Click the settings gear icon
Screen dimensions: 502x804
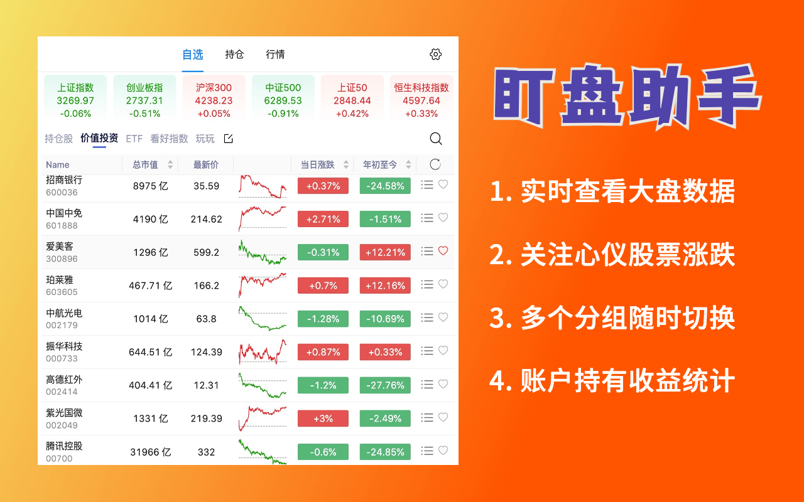pos(435,55)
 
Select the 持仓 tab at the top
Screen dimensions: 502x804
pos(234,55)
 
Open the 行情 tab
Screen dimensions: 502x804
pos(275,55)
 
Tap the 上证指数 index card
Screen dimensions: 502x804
pos(75,97)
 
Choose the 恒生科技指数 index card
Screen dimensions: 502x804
pos(421,97)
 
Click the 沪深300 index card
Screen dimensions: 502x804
pos(214,97)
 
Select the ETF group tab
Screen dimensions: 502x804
pos(134,139)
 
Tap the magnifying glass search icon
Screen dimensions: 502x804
pos(435,139)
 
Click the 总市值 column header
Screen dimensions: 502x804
pos(145,165)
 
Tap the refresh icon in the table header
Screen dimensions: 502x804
pos(435,165)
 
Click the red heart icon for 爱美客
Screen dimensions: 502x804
pos(443,251)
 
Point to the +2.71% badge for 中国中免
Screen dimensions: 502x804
pos(323,219)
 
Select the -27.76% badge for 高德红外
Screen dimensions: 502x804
pos(385,385)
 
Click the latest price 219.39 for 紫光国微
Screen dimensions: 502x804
pos(206,419)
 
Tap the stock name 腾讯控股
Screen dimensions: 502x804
pos(64,446)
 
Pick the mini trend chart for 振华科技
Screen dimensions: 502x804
pos(262,352)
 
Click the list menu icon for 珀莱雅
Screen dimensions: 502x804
pos(427,285)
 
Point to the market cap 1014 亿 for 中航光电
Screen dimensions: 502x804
pos(150,319)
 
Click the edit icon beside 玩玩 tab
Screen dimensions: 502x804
pos(229,139)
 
